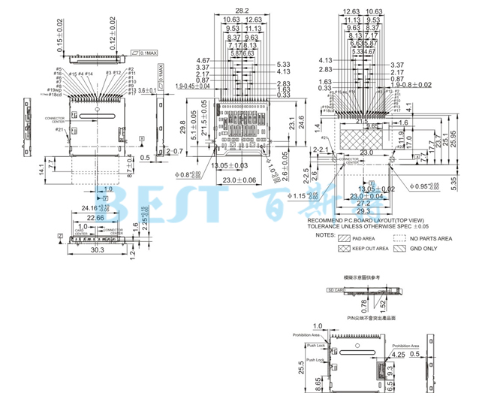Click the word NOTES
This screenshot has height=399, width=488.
[x=326, y=234]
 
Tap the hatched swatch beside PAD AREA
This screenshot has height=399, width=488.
[x=343, y=238]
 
